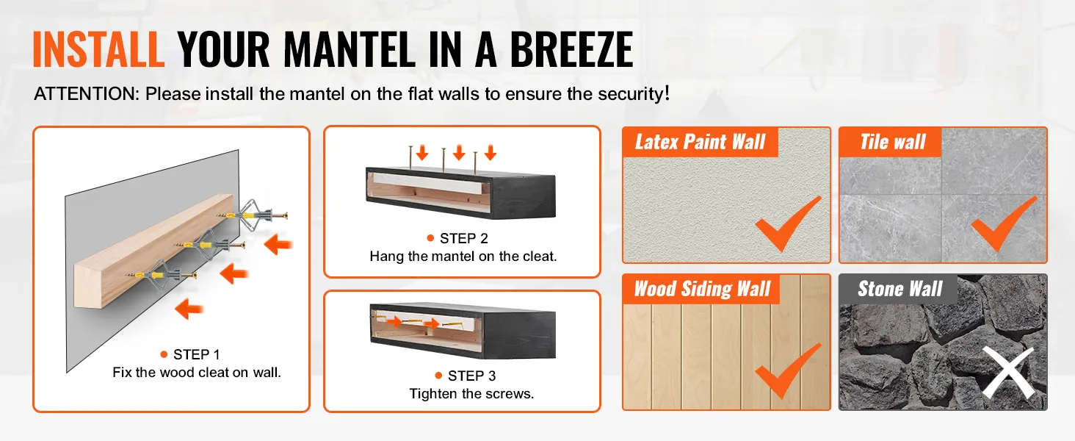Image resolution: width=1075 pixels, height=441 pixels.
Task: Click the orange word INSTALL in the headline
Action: [x=99, y=49]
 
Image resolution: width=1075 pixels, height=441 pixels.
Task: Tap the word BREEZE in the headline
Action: [x=571, y=49]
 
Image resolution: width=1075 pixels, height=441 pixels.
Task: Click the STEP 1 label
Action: [x=196, y=354]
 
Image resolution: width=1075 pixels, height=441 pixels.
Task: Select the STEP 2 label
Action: [x=463, y=238]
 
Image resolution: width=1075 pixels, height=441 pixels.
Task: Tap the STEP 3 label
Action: [x=471, y=376]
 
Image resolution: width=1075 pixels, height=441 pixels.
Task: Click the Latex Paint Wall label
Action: [x=701, y=142]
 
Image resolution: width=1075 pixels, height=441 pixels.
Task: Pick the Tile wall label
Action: [x=893, y=142]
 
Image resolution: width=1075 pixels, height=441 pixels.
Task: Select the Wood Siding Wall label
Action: [x=702, y=289]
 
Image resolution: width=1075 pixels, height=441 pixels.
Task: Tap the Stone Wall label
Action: [x=900, y=289]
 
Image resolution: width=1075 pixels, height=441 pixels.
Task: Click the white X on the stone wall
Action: [x=1007, y=373]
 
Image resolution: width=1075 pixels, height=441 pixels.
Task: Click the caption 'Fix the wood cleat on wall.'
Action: [x=197, y=373]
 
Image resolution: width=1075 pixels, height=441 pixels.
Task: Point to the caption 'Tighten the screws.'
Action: [x=471, y=394]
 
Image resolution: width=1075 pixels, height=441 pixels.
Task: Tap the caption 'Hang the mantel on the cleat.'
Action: [x=463, y=257]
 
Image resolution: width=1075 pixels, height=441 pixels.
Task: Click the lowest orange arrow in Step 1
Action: [x=189, y=309]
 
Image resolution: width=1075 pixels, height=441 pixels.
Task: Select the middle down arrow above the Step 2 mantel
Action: [x=459, y=152]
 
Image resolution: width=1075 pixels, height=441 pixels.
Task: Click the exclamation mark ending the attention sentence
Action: [x=667, y=93]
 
